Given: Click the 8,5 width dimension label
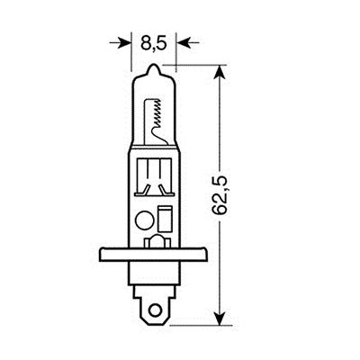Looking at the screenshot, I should pos(151,40).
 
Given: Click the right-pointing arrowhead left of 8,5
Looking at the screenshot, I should pos(123,41).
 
